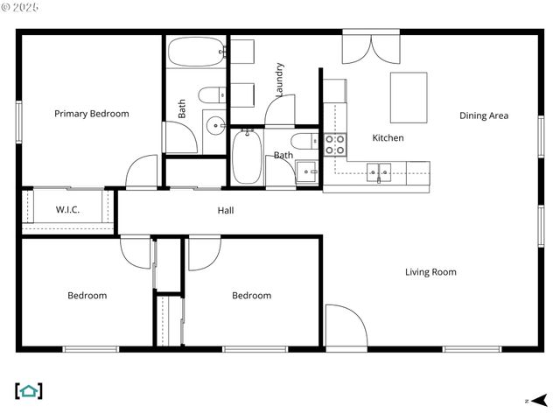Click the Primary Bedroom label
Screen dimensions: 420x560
pos(91,114)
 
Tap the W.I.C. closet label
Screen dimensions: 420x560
pos(68,210)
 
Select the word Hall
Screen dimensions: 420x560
pos(226,210)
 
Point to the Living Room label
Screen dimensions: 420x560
pos(430,272)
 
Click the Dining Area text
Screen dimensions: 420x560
pos(484,115)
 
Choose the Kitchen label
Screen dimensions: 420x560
pos(388,138)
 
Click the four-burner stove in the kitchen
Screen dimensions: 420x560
pos(335,144)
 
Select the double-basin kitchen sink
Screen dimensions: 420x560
pos(379,171)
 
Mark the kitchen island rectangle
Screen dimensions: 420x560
pos(408,97)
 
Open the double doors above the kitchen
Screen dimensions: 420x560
pos(371,49)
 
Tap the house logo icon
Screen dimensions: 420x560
pos(29,391)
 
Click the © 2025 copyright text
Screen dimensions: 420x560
pos(22,7)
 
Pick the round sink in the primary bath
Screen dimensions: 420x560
pos(215,125)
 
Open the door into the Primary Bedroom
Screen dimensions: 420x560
pos(142,171)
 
